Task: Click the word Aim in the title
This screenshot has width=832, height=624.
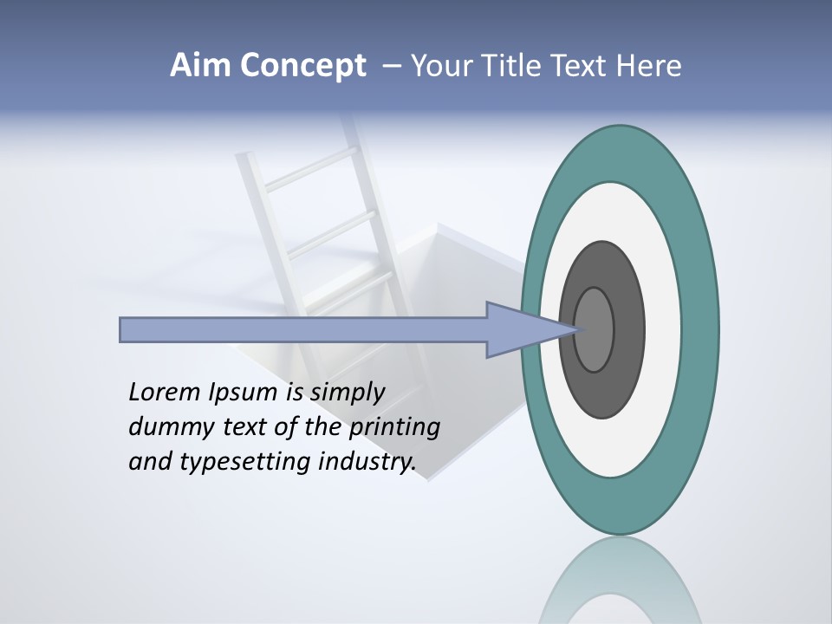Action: click(198, 66)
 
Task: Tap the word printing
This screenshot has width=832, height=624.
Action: click(394, 427)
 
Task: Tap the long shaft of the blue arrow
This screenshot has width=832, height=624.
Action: click(303, 330)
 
